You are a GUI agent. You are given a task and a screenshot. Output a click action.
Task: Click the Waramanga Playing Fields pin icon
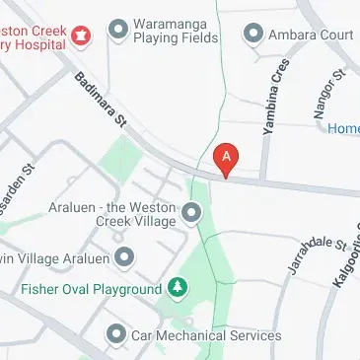click(x=119, y=30)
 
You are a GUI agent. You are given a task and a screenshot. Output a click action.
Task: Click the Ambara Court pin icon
click(x=252, y=35)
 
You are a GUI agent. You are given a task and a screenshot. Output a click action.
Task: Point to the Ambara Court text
click(x=310, y=35)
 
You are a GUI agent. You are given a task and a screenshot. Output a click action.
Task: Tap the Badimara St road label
click(x=101, y=100)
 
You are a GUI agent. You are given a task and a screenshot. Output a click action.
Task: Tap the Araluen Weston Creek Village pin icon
click(x=191, y=212)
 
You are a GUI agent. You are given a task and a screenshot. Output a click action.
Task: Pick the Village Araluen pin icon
click(x=124, y=258)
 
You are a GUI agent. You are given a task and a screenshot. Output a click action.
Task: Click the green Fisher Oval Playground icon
click(x=177, y=288)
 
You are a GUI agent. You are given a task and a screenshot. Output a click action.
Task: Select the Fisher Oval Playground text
click(x=91, y=289)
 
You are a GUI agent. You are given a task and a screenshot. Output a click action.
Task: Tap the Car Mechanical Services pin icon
click(x=116, y=334)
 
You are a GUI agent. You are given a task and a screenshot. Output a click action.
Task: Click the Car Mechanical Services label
click(x=206, y=335)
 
